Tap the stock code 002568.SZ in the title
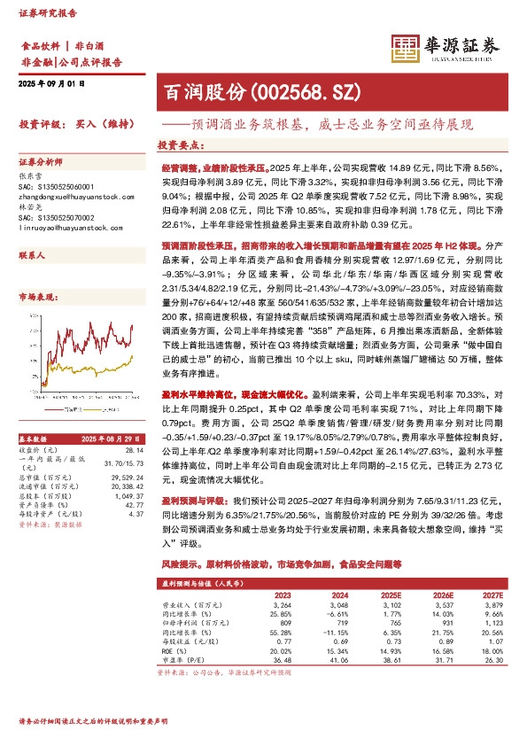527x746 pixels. pos(292,90)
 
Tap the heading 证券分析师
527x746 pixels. pos(42,162)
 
